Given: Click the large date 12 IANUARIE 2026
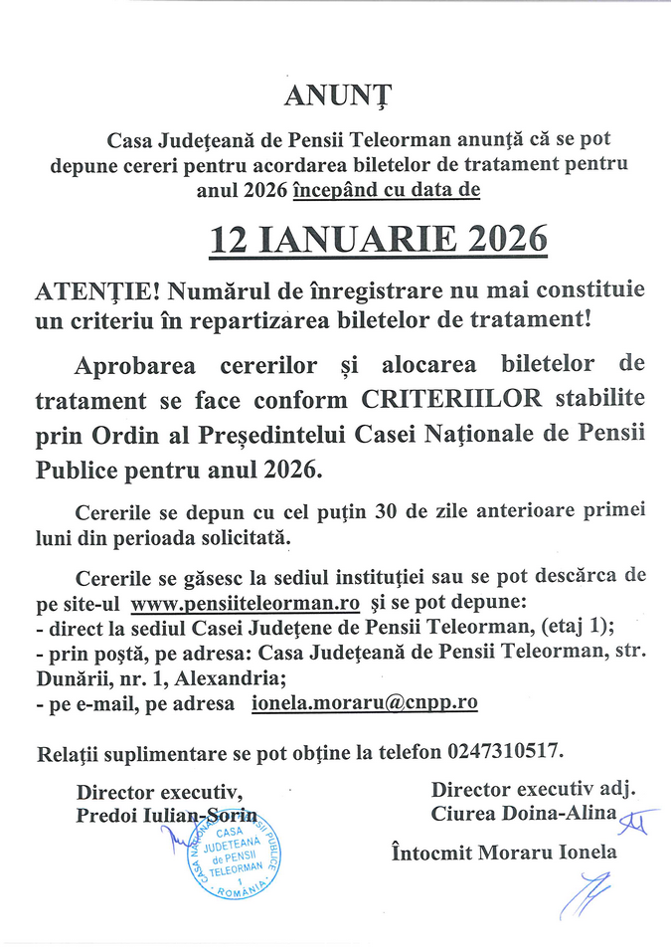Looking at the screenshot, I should [x=379, y=239].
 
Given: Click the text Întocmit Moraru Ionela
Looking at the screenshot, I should [x=503, y=853].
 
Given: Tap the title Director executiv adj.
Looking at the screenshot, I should [x=533, y=790].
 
